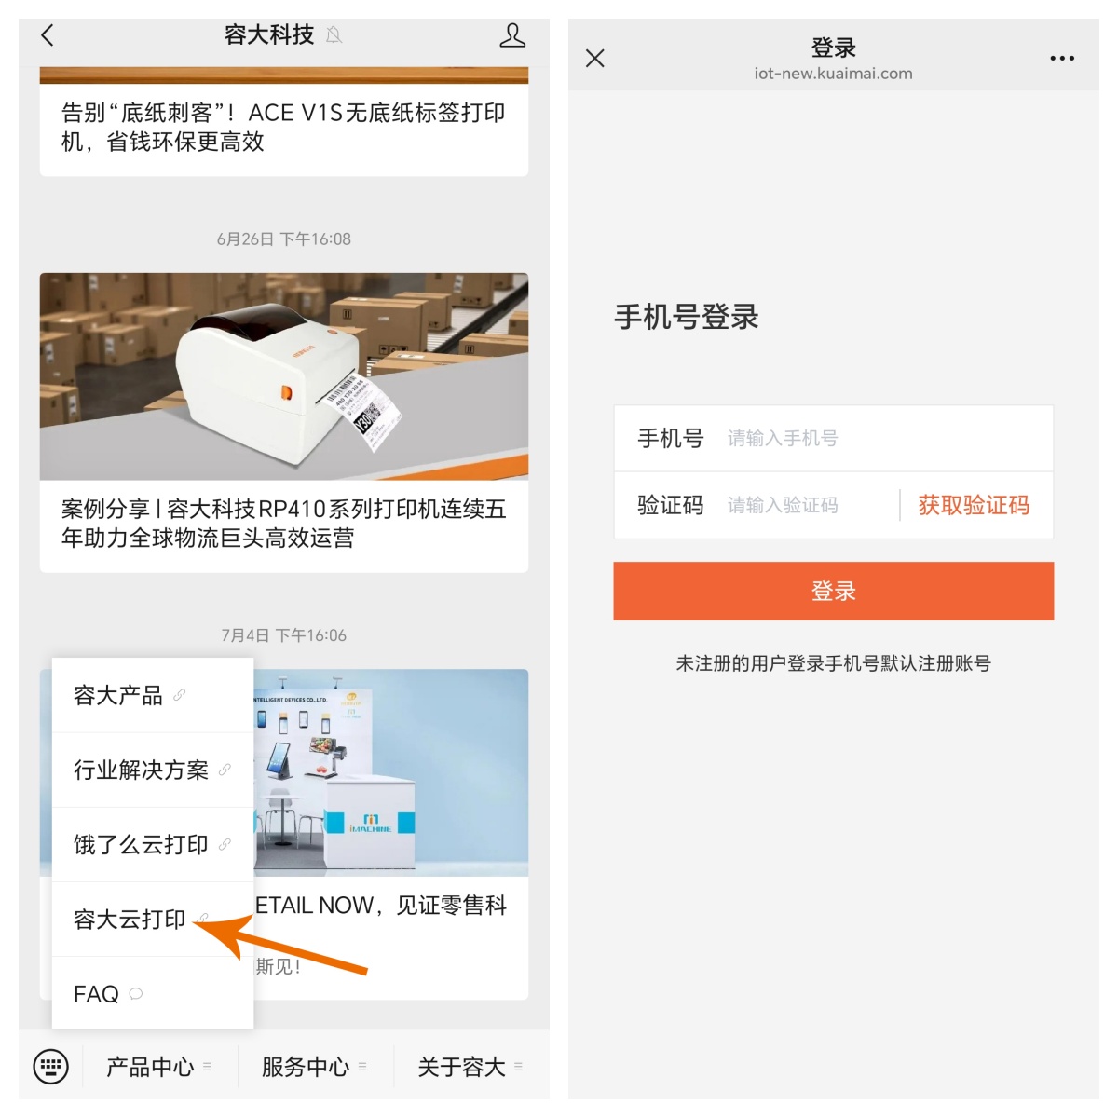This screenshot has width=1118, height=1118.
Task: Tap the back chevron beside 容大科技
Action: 48,35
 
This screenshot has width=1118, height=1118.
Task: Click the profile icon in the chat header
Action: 512,35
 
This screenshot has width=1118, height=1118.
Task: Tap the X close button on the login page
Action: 595,59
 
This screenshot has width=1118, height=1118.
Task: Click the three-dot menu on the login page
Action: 1061,59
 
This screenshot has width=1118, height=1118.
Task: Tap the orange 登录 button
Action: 833,591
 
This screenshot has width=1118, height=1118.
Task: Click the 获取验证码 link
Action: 974,505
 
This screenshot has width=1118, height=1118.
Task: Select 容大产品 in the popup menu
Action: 118,695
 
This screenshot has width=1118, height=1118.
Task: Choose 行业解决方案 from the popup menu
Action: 142,770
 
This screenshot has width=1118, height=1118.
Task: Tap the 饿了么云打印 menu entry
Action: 142,844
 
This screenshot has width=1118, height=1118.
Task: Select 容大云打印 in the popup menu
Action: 130,920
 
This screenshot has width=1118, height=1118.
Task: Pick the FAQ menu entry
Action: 97,994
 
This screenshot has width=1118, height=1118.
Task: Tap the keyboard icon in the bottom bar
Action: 50,1066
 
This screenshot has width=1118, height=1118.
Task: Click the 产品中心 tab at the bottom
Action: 151,1067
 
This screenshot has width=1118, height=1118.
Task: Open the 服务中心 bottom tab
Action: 306,1067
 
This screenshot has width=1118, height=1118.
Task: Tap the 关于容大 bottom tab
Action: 462,1067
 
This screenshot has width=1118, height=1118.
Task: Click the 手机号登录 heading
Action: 687,317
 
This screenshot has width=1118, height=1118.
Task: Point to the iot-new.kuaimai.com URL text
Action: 833,74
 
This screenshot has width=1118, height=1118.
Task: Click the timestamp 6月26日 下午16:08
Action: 284,239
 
